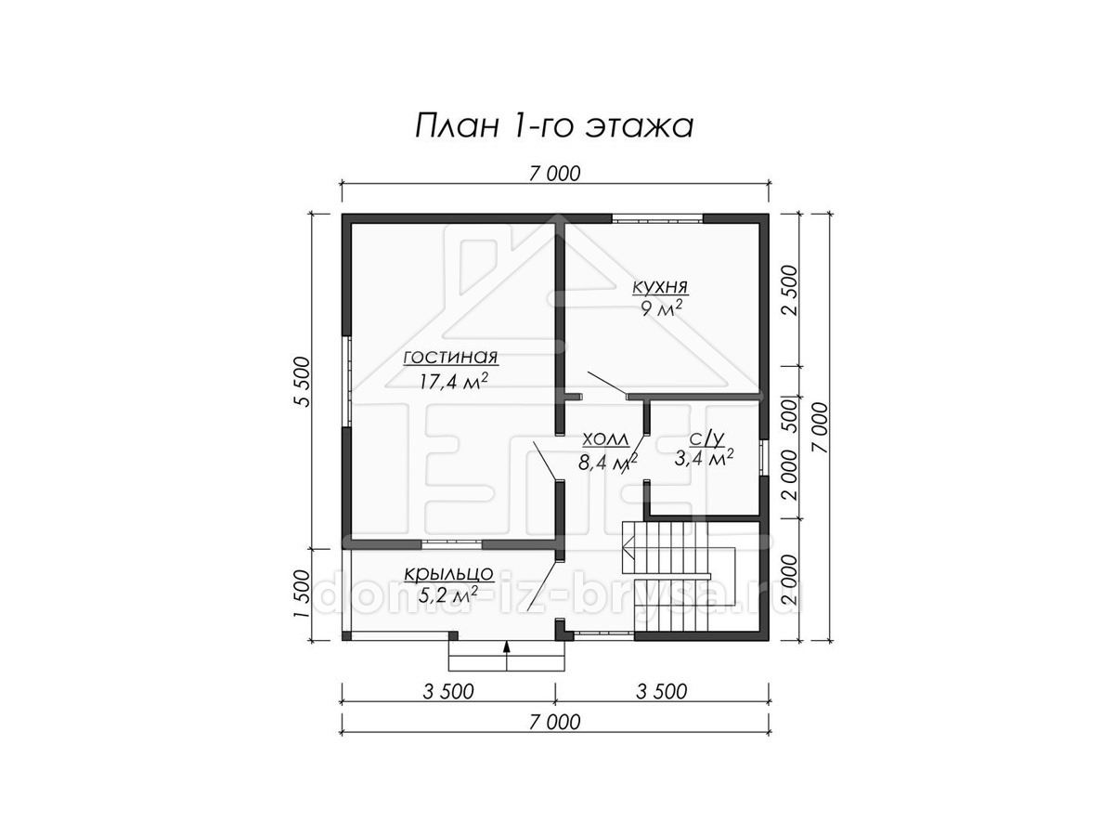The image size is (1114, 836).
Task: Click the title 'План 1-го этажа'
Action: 553,126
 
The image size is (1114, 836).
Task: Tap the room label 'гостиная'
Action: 450,358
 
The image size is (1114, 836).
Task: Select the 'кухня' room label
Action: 660,287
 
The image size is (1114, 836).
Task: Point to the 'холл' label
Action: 605,439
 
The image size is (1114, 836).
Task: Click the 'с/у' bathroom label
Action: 706,438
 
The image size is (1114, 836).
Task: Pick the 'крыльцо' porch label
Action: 448,573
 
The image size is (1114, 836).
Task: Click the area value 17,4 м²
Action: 454,380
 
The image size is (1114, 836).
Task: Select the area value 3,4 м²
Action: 704,458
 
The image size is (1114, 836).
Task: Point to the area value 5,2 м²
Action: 448,594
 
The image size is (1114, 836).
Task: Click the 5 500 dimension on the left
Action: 301,382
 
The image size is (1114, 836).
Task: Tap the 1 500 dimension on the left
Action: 301,594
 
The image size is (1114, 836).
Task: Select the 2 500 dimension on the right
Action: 791,290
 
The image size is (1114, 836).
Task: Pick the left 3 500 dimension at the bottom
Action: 448,691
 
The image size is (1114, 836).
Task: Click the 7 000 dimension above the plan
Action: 554,174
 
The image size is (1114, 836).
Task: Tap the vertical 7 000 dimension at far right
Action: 819,427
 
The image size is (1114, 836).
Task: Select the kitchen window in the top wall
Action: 656,219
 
